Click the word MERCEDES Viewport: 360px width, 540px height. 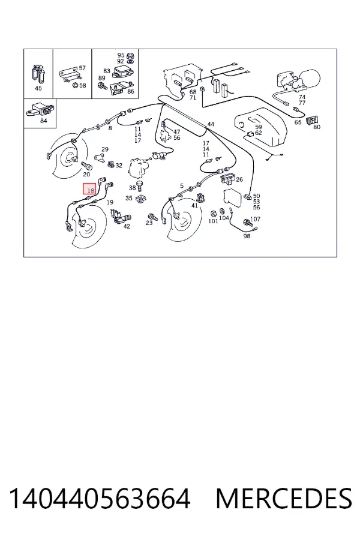point(284,499)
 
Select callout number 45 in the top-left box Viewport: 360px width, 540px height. point(38,88)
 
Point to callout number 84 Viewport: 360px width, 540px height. point(43,121)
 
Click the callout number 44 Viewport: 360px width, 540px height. point(211,124)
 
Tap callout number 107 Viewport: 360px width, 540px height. point(255,219)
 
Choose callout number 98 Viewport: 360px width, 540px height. point(247,236)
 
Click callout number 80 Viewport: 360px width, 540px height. point(317,127)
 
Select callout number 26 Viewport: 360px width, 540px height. point(239,179)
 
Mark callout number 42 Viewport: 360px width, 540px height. point(127,226)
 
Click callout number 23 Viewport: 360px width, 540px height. point(149,223)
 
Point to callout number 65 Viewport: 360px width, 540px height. point(298,122)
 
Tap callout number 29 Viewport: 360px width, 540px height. point(105,149)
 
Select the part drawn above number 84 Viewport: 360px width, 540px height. point(40,109)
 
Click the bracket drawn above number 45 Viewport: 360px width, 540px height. point(38,74)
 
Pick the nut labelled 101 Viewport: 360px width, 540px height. point(213,212)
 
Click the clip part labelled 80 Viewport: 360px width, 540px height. point(311,119)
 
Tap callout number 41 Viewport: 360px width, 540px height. point(194,206)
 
